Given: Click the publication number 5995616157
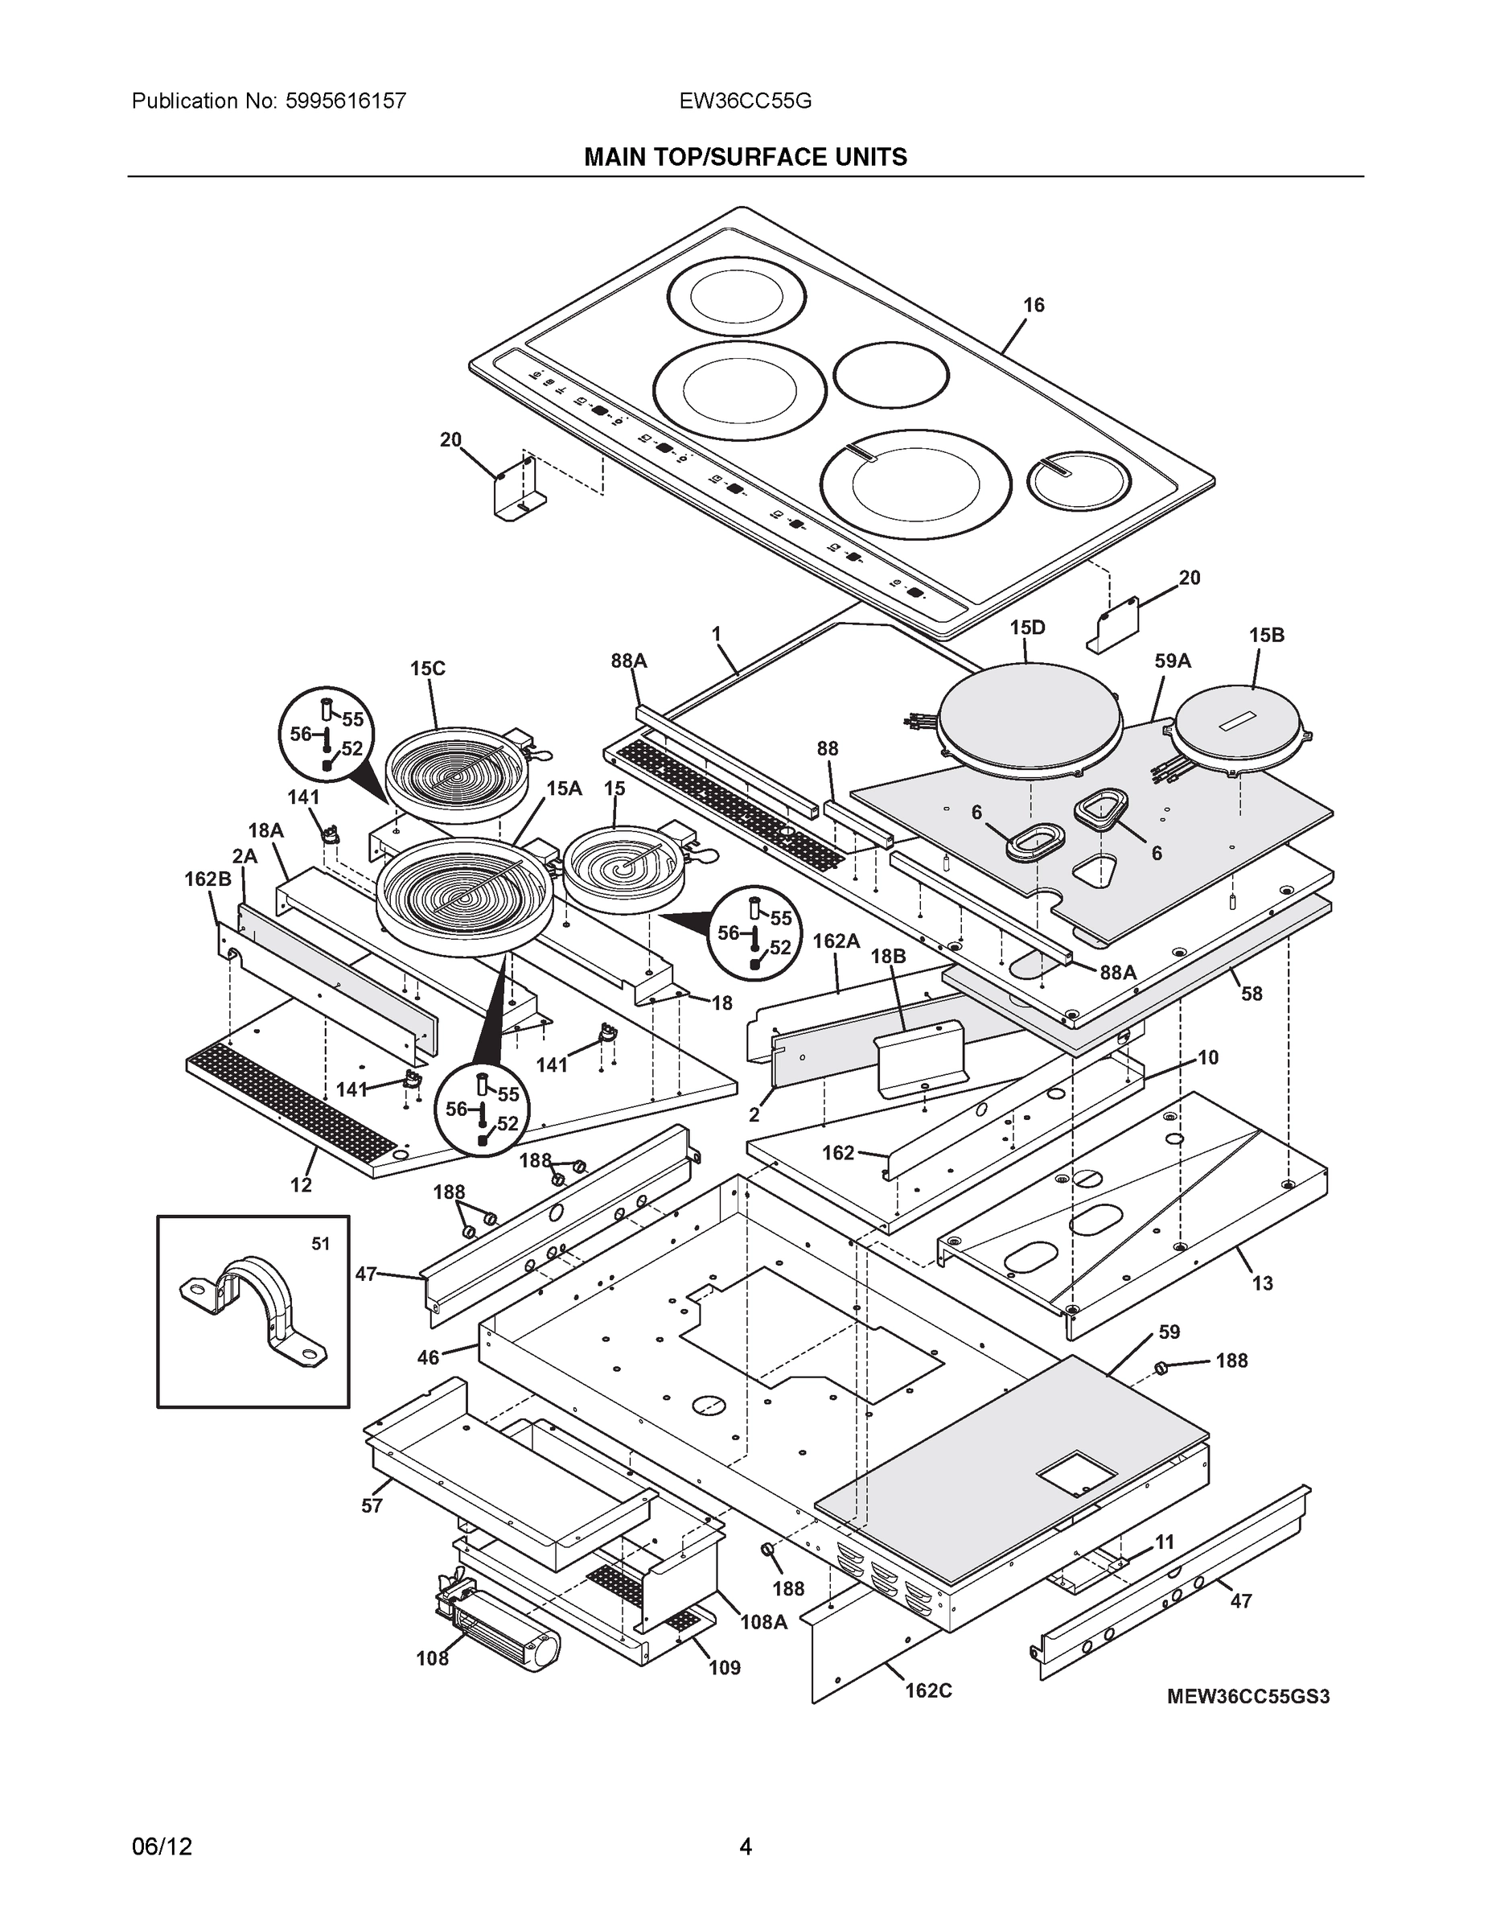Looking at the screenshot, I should tap(347, 101).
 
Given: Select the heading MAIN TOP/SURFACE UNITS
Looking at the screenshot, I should tap(745, 158).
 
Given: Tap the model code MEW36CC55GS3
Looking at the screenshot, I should tap(1248, 1696).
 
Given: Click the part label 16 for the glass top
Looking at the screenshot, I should tap(1034, 305).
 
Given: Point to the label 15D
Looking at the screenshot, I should tap(1027, 628).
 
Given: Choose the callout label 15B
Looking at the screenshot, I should tap(1266, 635).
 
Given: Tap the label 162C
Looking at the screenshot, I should tap(928, 1690).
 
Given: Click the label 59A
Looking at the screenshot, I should tap(1172, 661).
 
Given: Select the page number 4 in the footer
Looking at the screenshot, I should tap(745, 1847).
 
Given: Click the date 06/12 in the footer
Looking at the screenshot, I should tap(162, 1847).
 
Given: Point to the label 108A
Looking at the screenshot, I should tap(763, 1620).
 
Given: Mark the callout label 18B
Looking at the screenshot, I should tap(887, 956).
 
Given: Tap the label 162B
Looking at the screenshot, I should tap(208, 879).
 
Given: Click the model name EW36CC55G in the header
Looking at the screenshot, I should tap(745, 101).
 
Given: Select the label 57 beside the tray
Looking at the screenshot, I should tap(372, 1505).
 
